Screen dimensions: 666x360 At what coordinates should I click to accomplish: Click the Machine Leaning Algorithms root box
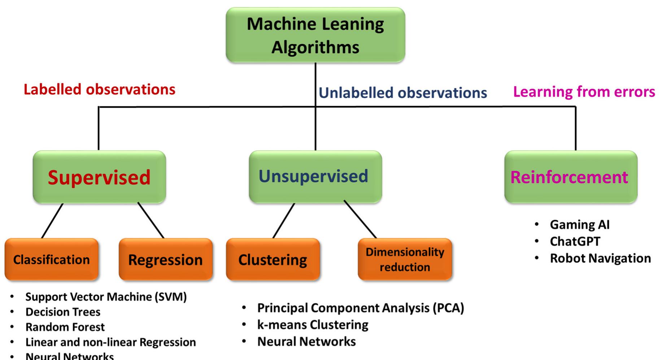[x=315, y=35]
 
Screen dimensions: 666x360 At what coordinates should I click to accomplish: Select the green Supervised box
[x=99, y=177]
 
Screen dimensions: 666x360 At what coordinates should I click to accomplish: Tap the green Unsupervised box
[x=315, y=177]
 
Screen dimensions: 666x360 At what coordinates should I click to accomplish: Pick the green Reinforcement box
[x=571, y=177]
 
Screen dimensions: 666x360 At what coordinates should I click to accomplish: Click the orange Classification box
[x=52, y=259]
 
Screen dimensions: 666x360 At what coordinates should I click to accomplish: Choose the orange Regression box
[x=166, y=259]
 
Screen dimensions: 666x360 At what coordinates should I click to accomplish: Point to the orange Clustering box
[x=273, y=259]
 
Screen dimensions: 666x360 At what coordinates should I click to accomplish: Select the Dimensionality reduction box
[x=405, y=259]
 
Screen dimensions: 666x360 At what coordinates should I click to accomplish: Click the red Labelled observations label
[x=100, y=89]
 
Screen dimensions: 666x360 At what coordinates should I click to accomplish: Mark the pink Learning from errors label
[x=584, y=92]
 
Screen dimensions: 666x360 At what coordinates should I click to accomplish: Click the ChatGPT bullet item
[x=575, y=241]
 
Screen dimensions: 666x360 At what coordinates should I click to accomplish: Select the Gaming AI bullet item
[x=580, y=225]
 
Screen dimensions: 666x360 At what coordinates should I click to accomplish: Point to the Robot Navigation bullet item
[x=600, y=258]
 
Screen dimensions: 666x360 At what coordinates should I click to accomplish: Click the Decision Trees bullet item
[x=63, y=312]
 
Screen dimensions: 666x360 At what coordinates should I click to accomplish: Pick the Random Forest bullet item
[x=65, y=327]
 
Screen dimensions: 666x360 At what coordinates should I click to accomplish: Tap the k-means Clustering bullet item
[x=313, y=325]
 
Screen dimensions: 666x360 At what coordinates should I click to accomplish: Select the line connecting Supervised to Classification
[x=52, y=221]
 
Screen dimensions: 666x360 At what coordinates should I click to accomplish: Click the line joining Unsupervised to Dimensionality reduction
[x=360, y=219]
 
